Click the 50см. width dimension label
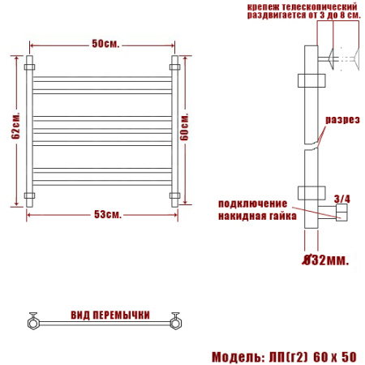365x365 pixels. [x=101, y=43]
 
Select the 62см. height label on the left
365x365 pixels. [x=16, y=134]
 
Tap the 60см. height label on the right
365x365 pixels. [x=186, y=126]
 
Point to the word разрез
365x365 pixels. [x=342, y=120]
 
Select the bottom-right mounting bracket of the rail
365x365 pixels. [x=174, y=195]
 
